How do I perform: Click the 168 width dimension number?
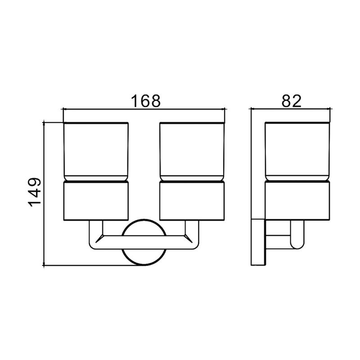coord(145,101)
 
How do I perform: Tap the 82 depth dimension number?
coord(291,101)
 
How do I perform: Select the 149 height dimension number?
coord(35,192)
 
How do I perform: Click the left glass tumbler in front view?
coord(96,152)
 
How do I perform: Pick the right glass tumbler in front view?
coord(192,152)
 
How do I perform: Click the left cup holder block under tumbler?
coord(96,201)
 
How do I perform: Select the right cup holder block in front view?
coord(192,201)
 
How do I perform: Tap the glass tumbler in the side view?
coord(297,152)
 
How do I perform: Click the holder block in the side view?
coord(297,201)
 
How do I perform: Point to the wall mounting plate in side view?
coord(258,242)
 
